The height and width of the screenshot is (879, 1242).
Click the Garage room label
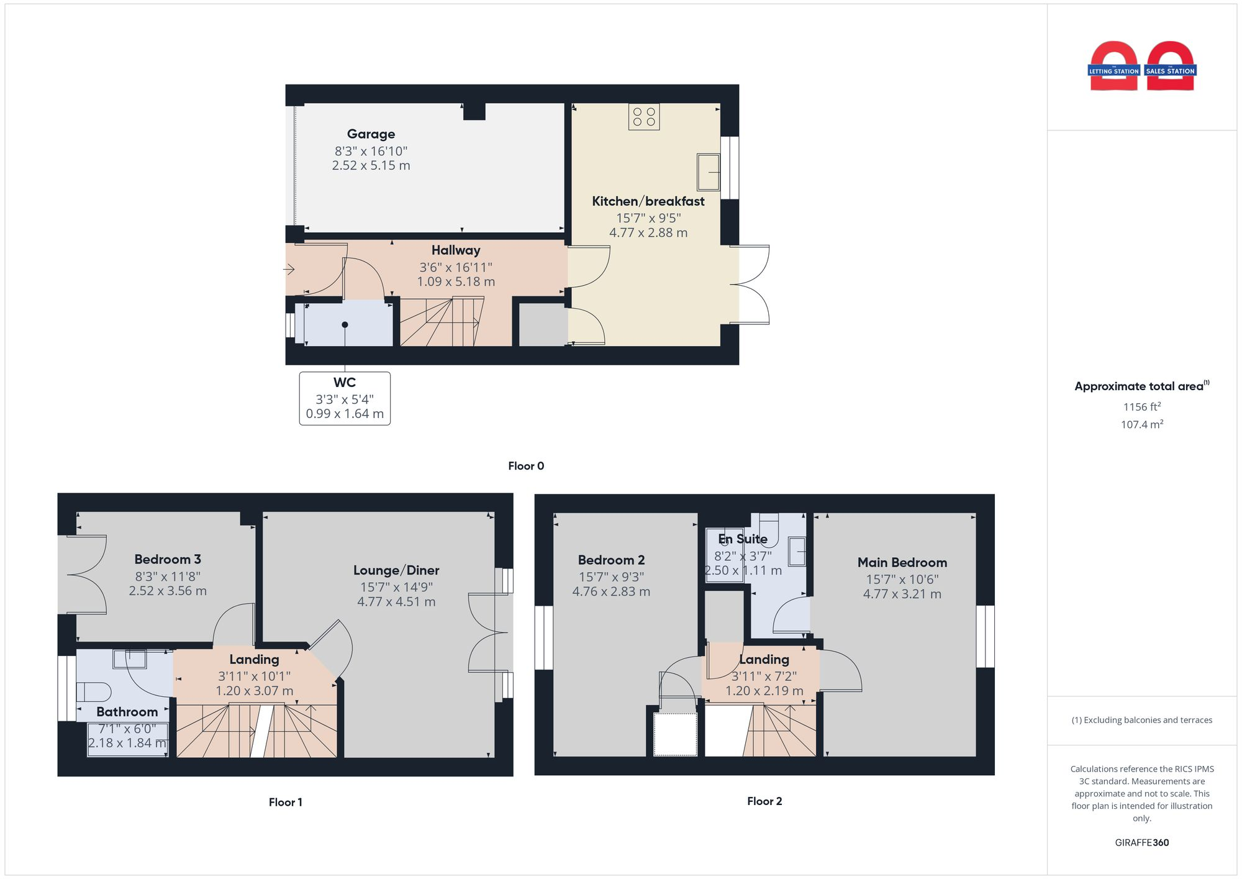[x=371, y=134]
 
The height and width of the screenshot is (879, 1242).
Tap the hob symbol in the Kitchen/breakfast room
[x=643, y=117]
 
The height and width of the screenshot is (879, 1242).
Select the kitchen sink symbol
[x=708, y=171]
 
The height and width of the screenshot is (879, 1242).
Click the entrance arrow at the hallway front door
[x=289, y=270]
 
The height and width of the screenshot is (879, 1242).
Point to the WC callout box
[x=345, y=398]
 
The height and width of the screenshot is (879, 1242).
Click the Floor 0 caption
[x=525, y=466]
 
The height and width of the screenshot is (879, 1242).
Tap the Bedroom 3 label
[x=168, y=559]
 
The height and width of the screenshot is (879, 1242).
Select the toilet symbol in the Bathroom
[x=93, y=692]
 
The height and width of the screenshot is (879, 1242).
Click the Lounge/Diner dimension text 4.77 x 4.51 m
[x=396, y=602]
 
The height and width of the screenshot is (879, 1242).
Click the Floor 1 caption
[x=285, y=802]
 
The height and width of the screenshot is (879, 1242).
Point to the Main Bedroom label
[x=902, y=563]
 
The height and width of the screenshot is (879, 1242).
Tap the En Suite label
[x=743, y=539]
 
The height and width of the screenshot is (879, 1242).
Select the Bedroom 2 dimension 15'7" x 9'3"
[x=611, y=577]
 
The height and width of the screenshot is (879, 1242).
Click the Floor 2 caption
[x=764, y=801]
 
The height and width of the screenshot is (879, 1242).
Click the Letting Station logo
[x=1113, y=66]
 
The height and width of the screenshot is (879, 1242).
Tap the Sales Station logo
[x=1170, y=66]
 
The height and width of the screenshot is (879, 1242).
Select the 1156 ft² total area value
[x=1141, y=407]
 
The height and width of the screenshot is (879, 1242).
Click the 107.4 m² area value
[x=1141, y=425]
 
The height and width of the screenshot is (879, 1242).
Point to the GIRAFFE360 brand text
[x=1141, y=843]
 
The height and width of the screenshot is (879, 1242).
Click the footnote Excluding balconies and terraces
[x=1141, y=721]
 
